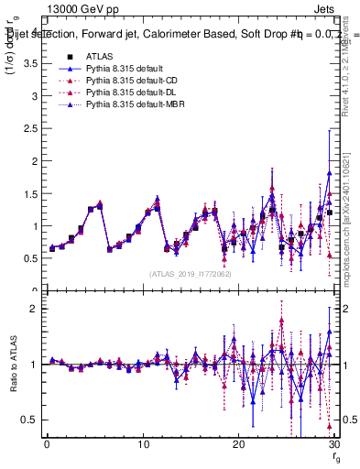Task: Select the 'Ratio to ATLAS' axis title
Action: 14,364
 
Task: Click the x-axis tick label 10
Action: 143,444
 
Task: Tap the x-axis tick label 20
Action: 238,444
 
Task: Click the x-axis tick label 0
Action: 48,444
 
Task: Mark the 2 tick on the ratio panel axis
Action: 37,309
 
